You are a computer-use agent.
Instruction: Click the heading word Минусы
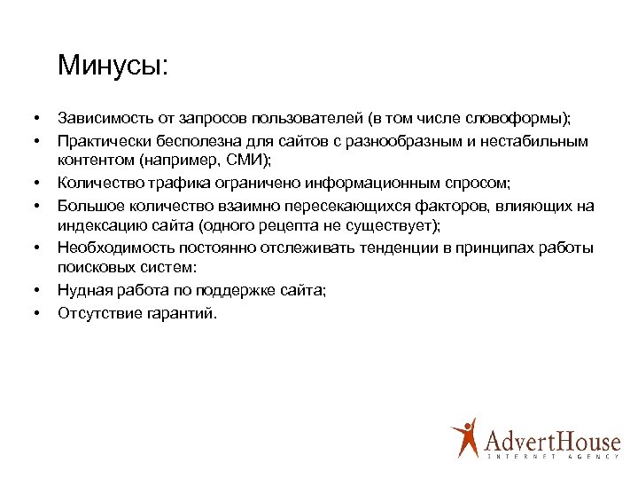click(x=111, y=67)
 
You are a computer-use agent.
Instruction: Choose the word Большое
click(x=88, y=206)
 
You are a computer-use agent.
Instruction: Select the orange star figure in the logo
click(x=464, y=436)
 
